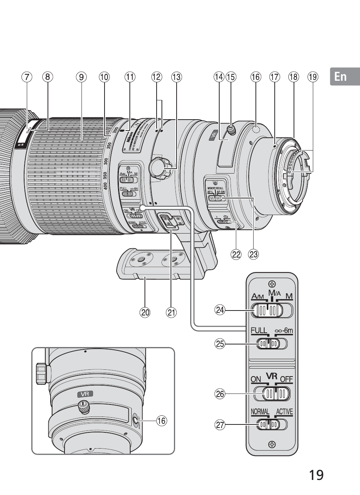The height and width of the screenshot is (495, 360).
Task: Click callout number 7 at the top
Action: click(27, 77)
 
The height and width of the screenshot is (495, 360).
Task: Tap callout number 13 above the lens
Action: click(176, 77)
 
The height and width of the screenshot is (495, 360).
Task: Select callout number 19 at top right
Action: click(312, 77)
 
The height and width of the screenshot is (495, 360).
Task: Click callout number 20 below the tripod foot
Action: click(145, 312)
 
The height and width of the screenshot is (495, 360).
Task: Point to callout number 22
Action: click(236, 254)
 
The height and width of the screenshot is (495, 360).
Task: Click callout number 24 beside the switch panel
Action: click(220, 310)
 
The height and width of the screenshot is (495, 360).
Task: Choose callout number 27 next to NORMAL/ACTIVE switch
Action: click(220, 425)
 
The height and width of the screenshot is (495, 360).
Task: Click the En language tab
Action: click(340, 77)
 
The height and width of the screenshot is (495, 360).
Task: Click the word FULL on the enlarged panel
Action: click(259, 331)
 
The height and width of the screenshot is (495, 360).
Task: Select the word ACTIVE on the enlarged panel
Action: click(284, 412)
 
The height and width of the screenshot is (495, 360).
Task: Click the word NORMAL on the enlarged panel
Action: click(260, 412)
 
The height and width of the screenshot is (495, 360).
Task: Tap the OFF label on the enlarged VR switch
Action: click(286, 379)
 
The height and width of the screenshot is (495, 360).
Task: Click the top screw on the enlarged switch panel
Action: click(271, 284)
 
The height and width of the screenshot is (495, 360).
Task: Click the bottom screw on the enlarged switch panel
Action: click(271, 444)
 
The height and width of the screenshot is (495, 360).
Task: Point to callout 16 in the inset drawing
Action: click(162, 420)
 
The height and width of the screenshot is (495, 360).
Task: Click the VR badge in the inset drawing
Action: click(85, 394)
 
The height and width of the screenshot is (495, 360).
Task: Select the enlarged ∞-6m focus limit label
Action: click(284, 331)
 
